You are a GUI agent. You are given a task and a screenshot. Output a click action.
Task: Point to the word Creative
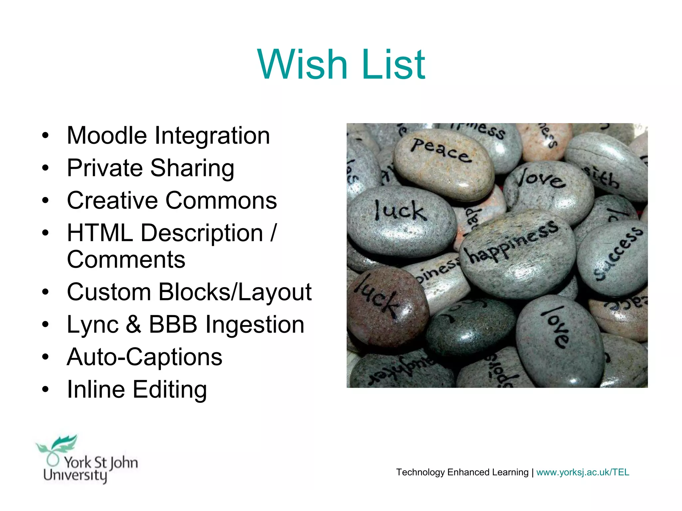coord(112,201)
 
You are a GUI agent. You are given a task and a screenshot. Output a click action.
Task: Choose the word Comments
coord(126,259)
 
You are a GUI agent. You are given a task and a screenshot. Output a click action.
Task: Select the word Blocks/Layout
coord(235,292)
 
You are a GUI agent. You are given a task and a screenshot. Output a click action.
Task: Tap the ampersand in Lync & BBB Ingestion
coord(134,324)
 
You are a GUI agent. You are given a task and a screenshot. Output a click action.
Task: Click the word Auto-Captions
coord(145,357)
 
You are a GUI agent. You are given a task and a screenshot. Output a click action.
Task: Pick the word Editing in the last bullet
coord(170,390)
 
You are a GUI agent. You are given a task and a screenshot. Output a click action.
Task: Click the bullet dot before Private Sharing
coord(46,168)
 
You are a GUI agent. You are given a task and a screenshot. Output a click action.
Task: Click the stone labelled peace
coord(443,163)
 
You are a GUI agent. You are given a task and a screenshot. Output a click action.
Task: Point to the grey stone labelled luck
coord(400,220)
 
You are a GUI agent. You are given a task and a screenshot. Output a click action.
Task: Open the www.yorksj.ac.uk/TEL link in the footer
coord(582,472)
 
